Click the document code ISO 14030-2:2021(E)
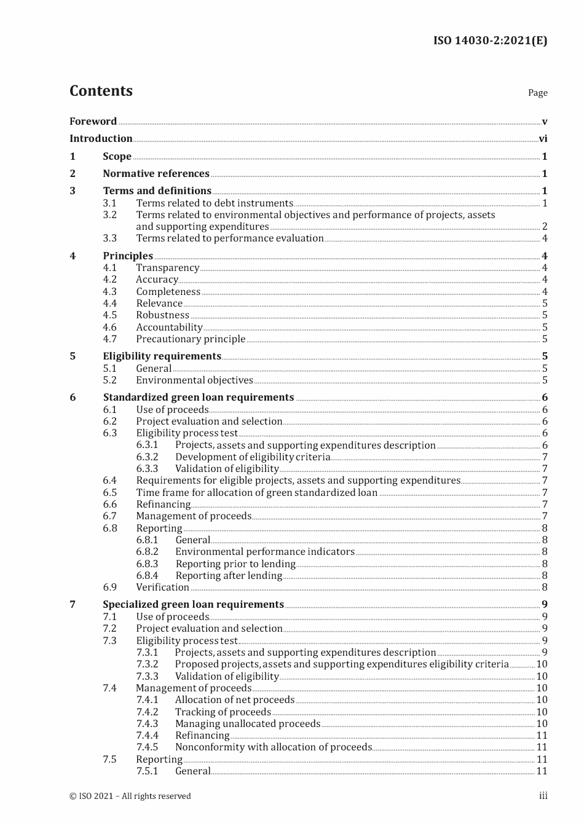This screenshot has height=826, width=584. pos(490,41)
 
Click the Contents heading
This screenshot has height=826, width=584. pos(101,91)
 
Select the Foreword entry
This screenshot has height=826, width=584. pos(93,121)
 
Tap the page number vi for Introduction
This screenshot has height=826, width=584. pos(543,139)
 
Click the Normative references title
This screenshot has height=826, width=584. pos(156,174)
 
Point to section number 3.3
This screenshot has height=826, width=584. pos(109,238)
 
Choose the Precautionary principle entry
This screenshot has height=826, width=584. pos(191,339)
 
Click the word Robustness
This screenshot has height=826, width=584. pos(162,315)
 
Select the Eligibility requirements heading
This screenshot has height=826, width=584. pos(162,356)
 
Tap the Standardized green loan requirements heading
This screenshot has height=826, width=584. pos(198,398)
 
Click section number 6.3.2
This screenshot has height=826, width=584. pos(147,457)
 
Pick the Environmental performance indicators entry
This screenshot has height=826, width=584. pos(264,552)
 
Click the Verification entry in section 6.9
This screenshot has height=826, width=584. pos(162,588)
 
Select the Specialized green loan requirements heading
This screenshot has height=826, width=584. pos(193,605)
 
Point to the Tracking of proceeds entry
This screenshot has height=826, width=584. pos(223,712)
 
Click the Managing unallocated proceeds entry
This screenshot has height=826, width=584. pos(247,724)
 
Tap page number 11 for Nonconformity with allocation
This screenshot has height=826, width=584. pos(542,747)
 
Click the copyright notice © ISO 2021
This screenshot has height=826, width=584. pos(130,796)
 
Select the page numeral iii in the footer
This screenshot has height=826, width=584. pos(543,796)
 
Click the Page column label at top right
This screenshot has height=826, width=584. pos(537,93)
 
